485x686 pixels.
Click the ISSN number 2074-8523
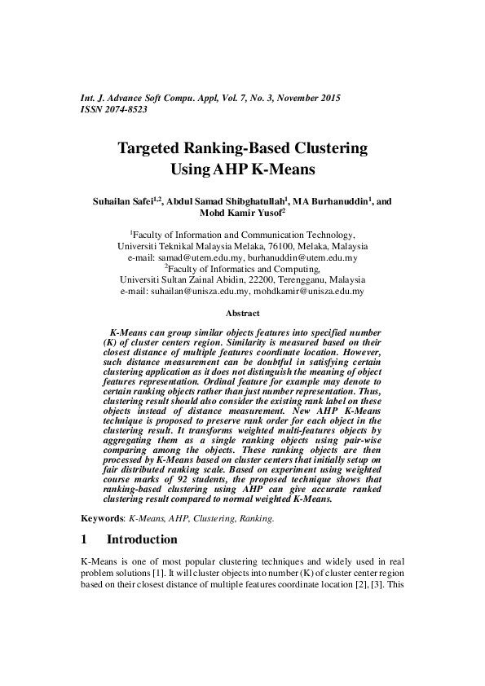125,109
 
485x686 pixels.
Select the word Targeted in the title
154,149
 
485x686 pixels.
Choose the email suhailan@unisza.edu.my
194,290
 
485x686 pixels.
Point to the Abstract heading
242,313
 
